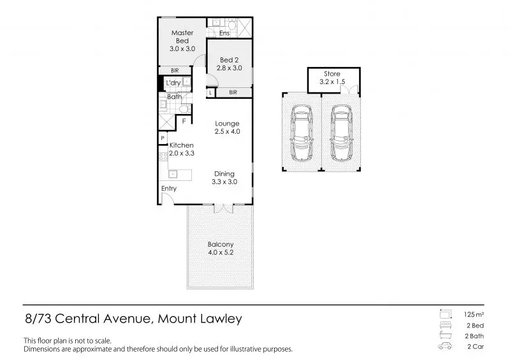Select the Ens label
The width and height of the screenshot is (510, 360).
tap(224, 33)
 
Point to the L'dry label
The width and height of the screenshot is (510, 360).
tap(173, 83)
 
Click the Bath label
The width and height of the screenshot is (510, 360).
tap(174, 97)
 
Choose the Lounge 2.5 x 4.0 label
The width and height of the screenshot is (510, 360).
tap(226, 127)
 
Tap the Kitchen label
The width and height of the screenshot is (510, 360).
tap(181, 149)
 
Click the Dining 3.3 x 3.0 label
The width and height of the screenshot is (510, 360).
tap(224, 178)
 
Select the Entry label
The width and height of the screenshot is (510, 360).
tap(169, 189)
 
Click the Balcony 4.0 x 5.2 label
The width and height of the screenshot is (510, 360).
tap(220, 248)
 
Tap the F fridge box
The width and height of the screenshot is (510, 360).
tap(184, 120)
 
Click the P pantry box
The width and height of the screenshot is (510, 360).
tap(163, 138)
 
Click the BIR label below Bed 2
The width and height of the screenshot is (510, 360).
tap(233, 92)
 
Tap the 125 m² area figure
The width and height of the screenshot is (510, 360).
tap(470, 315)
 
